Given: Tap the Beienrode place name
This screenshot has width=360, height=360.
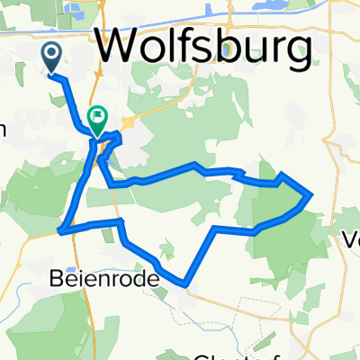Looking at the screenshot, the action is click(x=102, y=280).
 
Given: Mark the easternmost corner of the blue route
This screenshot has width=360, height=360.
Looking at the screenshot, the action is click(x=311, y=193).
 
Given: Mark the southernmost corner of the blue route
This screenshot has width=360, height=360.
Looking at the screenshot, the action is click(x=185, y=284).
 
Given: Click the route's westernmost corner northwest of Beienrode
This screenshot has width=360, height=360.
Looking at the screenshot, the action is click(x=59, y=231).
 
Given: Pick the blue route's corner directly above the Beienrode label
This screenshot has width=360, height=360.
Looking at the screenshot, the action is click(x=118, y=220).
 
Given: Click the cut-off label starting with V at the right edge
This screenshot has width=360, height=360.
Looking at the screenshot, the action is click(x=352, y=241).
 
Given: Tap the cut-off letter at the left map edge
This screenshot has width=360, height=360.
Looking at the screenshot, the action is click(x=3, y=129).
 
